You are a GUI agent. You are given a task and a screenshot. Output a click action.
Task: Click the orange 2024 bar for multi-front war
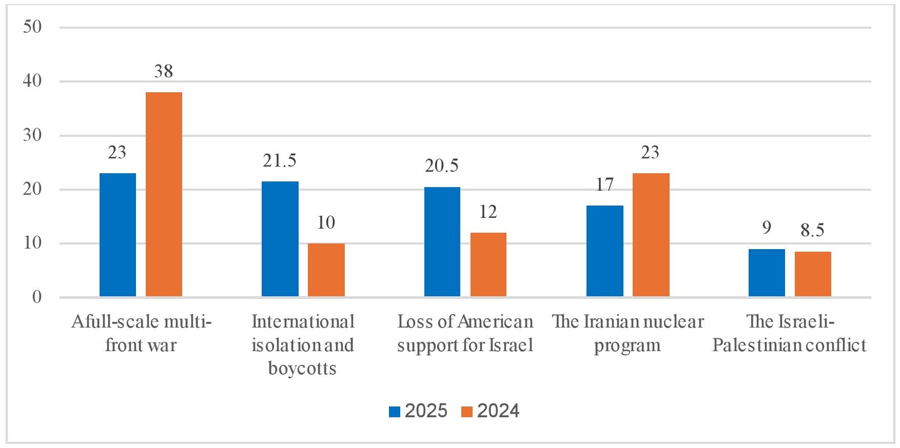pos(164,194)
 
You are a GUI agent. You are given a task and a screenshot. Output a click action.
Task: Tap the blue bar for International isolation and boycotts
pos(280,239)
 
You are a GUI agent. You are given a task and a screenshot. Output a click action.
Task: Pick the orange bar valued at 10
pos(326,270)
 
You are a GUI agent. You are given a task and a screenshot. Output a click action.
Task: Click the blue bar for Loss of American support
pos(442,242)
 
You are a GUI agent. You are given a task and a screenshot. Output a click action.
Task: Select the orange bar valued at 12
pos(488,264)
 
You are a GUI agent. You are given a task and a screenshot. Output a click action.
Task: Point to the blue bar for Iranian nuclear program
pos(605,251)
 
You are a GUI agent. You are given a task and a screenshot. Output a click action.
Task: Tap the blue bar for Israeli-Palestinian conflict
pos(767,273)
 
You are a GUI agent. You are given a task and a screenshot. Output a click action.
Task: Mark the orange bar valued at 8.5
pos(813,274)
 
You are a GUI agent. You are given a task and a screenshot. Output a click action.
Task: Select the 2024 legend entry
pos(491,411)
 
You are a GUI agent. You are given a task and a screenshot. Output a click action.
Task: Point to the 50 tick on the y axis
pos(32,27)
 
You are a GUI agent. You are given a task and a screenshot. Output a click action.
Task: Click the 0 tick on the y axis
pos(36,297)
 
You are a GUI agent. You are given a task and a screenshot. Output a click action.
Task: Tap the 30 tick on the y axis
pos(32,135)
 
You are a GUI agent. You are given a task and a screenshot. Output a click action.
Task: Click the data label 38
pos(164,71)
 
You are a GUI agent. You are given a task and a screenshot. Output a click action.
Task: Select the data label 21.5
pos(280,161)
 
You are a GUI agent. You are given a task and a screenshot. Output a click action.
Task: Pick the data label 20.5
pos(442,166)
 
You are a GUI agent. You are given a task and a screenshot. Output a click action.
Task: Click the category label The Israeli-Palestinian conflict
pos(789,334)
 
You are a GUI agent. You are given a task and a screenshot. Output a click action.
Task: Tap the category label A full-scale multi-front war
pos(141,334)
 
